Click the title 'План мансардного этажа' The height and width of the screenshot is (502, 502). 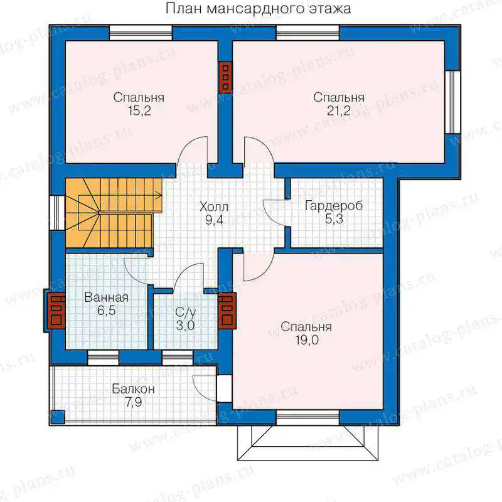258,9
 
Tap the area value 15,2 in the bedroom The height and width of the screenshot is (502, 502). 139,111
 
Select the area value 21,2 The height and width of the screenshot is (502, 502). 338,111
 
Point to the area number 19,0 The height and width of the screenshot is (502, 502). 307,340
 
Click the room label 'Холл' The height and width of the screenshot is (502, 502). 214,207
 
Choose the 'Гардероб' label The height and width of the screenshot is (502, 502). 334,206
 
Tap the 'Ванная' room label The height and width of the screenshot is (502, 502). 106,297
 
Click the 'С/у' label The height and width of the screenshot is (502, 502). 185,312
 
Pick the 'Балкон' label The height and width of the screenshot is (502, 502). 133,389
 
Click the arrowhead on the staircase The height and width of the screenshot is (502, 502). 159,195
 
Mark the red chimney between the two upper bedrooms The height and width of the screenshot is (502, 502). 225,77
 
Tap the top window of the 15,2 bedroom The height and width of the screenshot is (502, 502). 141,33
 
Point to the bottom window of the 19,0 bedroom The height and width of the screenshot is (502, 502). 307,418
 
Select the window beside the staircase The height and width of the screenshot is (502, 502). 58,213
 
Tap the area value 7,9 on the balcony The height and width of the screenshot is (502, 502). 134,402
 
